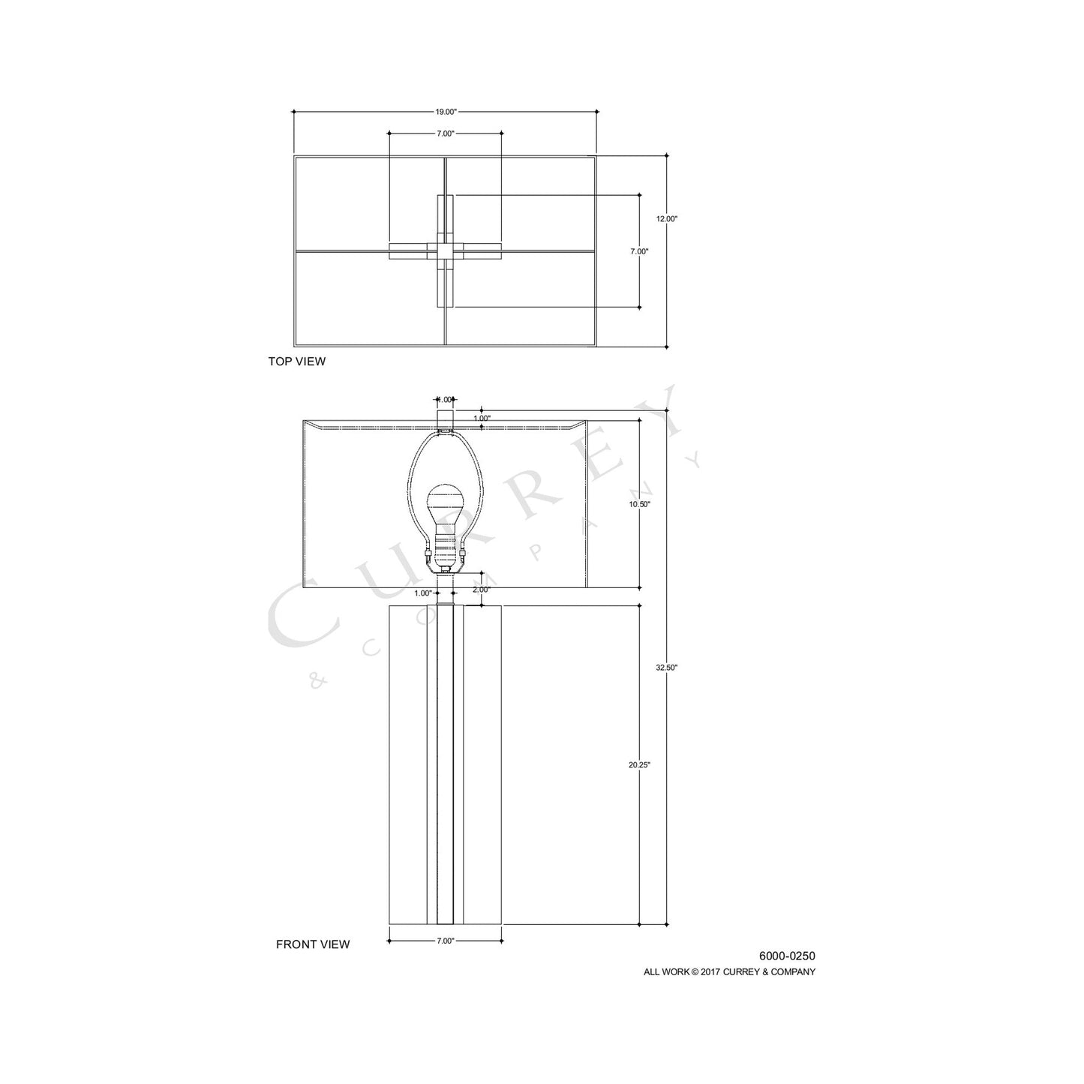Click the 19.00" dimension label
coord(446,112)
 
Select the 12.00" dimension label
coord(666,219)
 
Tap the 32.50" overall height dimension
coord(666,667)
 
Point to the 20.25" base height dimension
coord(639,765)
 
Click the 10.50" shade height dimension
coord(639,505)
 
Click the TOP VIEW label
coord(297,362)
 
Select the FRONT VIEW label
coord(313,944)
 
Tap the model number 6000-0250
coord(787,956)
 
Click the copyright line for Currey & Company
coord(729,971)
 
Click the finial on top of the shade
coord(446,418)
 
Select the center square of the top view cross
coord(446,251)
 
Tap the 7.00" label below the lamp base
coord(446,941)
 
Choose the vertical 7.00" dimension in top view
coord(639,252)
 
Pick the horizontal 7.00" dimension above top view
coord(446,134)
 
